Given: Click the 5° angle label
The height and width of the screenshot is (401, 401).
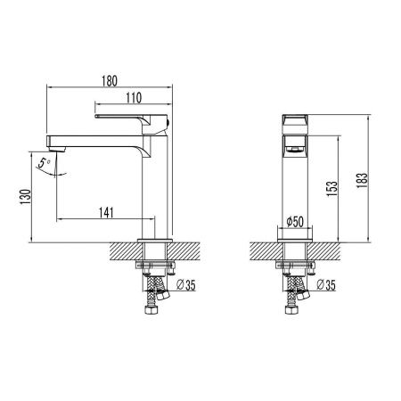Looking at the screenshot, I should pos(40,163).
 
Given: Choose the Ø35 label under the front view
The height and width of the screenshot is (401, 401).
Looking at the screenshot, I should pos(324,285).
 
